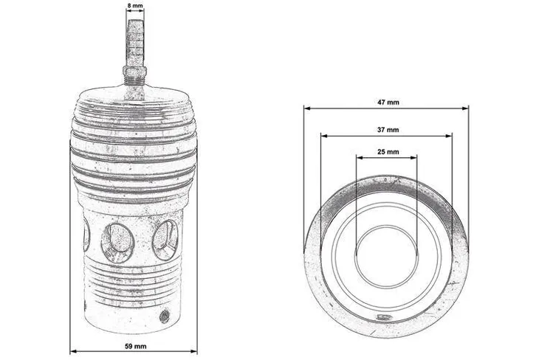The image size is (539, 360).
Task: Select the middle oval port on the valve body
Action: (117, 242)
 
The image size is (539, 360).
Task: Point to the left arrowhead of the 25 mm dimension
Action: (358, 156)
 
